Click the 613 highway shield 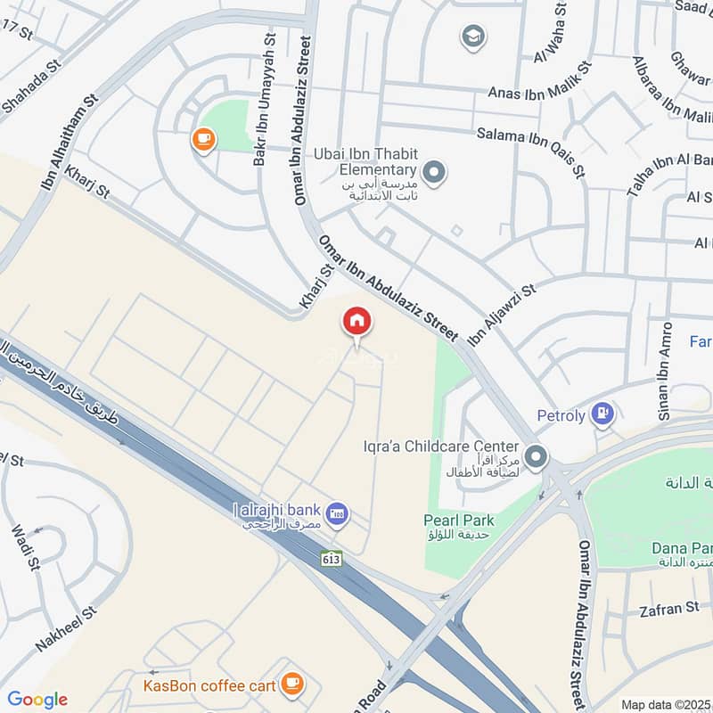pyautogui.click(x=332, y=559)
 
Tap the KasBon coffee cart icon pyautogui.click(x=291, y=684)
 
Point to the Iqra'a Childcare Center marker pyautogui.click(x=536, y=457)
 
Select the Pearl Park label pyautogui.click(x=459, y=520)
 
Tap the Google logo pyautogui.click(x=37, y=700)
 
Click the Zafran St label pyautogui.click(x=669, y=608)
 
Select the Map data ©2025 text pyautogui.click(x=666, y=704)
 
